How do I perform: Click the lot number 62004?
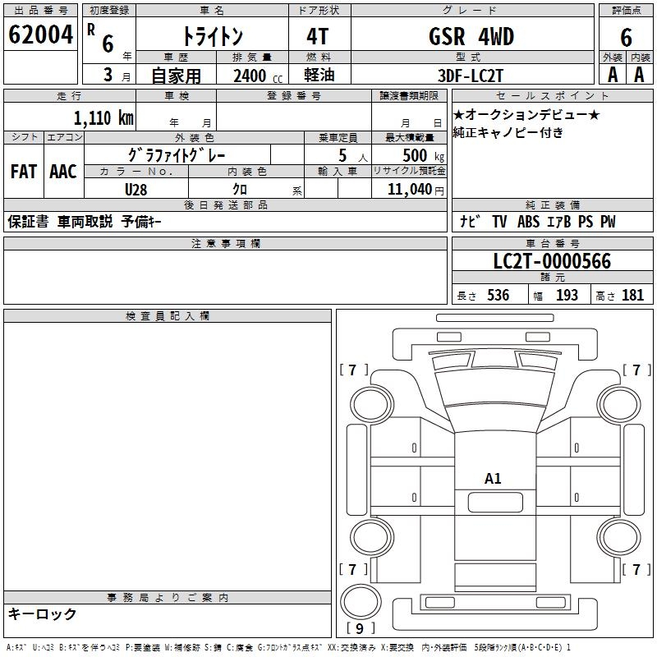click(x=40, y=34)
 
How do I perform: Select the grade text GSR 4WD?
click(x=471, y=36)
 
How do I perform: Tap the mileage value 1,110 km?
click(x=103, y=117)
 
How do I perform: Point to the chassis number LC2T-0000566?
click(x=552, y=261)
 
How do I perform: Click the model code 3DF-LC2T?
click(x=470, y=76)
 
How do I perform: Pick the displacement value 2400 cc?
click(x=258, y=76)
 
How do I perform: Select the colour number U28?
click(x=136, y=190)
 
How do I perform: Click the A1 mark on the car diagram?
click(x=493, y=478)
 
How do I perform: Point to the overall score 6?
click(x=626, y=37)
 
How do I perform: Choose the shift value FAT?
click(x=24, y=172)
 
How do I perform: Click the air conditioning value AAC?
click(x=63, y=172)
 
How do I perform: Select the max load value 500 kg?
click(x=423, y=155)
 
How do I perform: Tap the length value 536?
click(x=498, y=295)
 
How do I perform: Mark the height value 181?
click(x=632, y=295)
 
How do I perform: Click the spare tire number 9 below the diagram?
click(x=360, y=628)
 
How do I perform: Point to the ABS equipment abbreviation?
click(x=528, y=222)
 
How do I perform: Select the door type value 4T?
click(x=318, y=36)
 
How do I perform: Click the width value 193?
click(x=567, y=295)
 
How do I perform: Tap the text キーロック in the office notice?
click(x=42, y=613)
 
